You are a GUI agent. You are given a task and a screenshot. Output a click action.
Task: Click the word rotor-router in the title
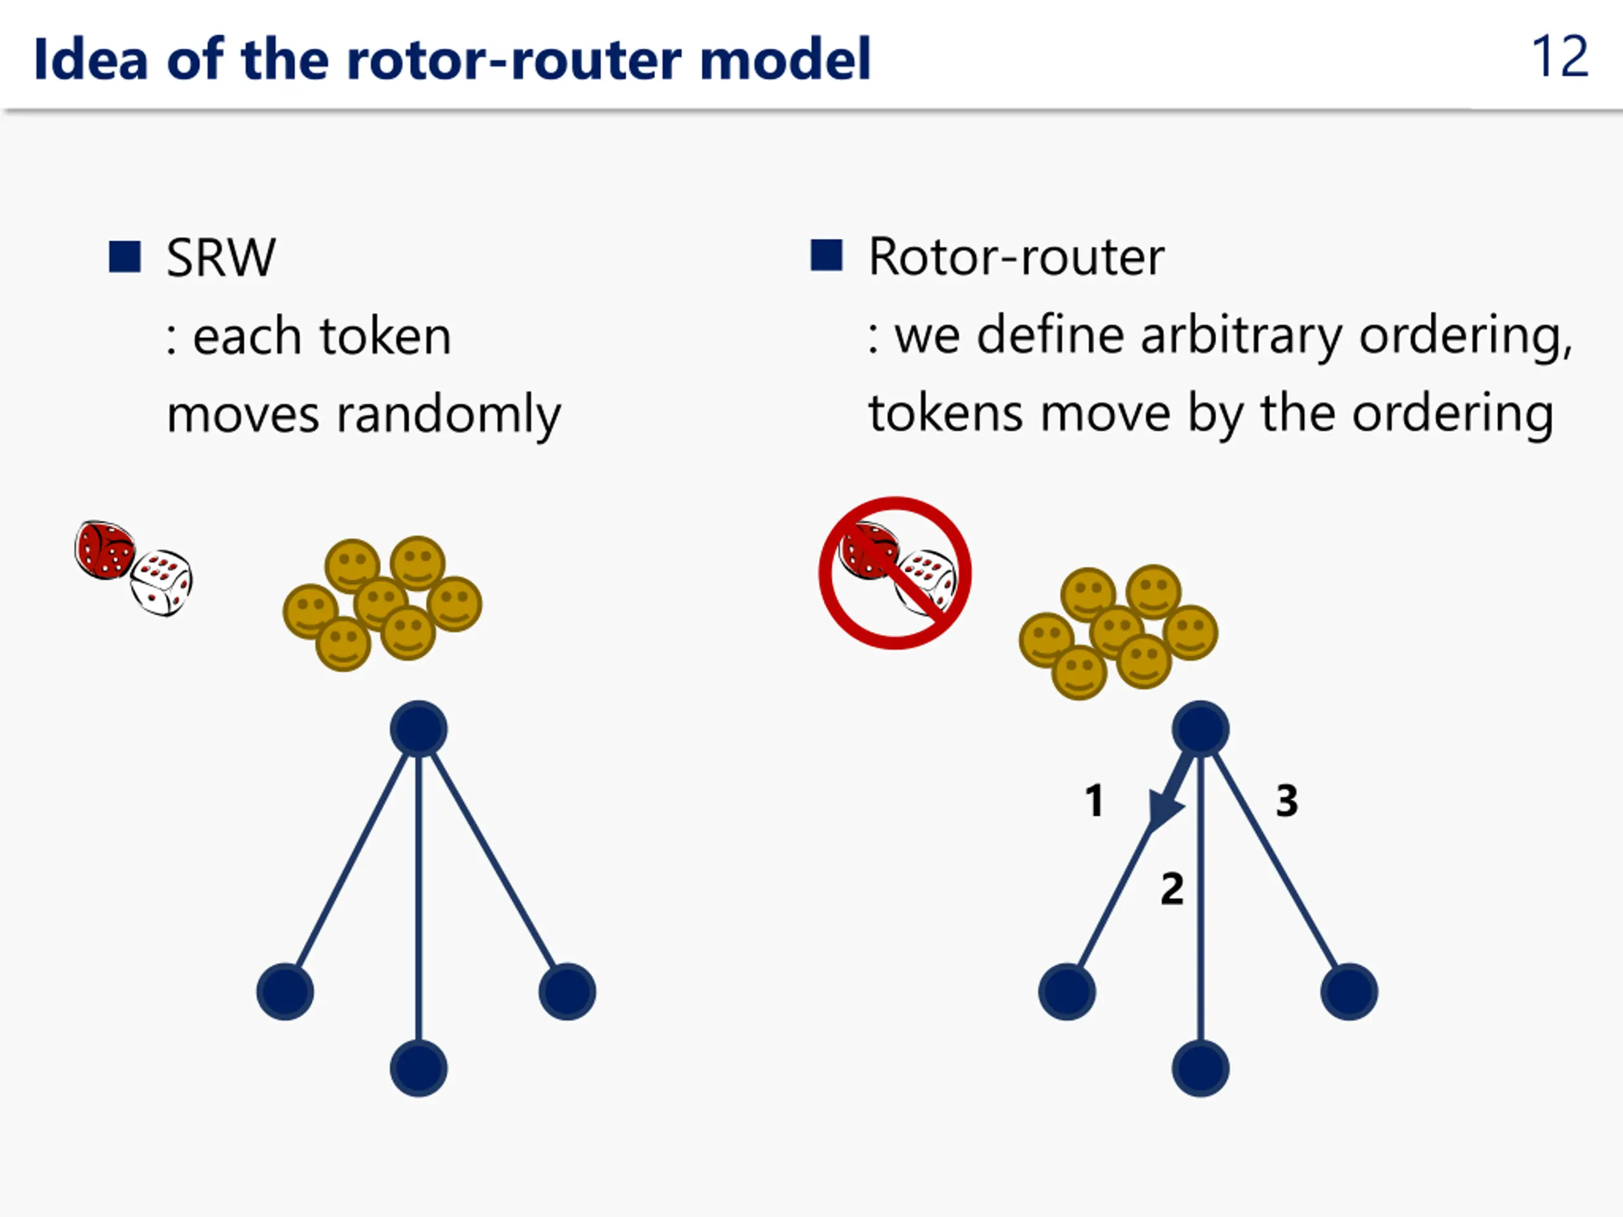pyautogui.click(x=514, y=60)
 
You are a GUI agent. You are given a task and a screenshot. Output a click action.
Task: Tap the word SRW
pyautogui.click(x=221, y=258)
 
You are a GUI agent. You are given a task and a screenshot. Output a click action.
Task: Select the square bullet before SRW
pyautogui.click(x=125, y=257)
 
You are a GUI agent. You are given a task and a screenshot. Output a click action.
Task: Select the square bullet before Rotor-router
pyautogui.click(x=826, y=255)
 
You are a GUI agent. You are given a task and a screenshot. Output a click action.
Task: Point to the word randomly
pyautogui.click(x=448, y=415)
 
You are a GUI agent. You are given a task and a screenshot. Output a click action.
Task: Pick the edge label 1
pyautogui.click(x=1095, y=801)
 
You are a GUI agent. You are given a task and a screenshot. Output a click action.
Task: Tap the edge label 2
pyautogui.click(x=1172, y=889)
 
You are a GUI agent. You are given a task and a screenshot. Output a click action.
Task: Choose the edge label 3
pyautogui.click(x=1287, y=801)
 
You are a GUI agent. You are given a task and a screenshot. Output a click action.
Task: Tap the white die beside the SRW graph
pyautogui.click(x=162, y=583)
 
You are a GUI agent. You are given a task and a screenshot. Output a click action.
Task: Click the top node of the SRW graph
pyautogui.click(x=418, y=728)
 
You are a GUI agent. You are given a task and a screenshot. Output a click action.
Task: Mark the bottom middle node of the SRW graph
pyautogui.click(x=418, y=1068)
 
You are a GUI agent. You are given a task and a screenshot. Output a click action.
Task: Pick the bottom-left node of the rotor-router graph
pyautogui.click(x=1067, y=992)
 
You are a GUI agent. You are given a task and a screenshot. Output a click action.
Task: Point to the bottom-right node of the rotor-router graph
pyautogui.click(x=1348, y=992)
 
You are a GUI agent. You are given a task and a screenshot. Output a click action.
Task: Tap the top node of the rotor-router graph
pyautogui.click(x=1200, y=728)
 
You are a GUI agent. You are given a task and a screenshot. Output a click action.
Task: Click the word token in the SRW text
pyautogui.click(x=385, y=337)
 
